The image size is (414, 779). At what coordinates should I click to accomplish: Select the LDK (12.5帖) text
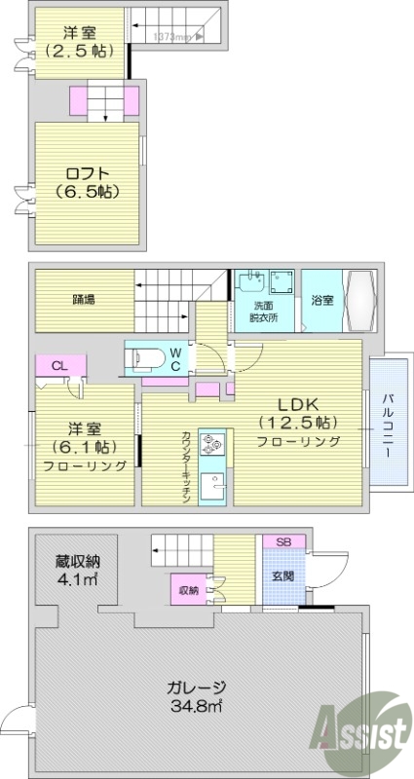(299, 412)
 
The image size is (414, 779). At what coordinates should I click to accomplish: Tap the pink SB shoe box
(283, 541)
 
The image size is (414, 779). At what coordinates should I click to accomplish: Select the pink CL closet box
(59, 366)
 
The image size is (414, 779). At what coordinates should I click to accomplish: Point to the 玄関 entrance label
(282, 573)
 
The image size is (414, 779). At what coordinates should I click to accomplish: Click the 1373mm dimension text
(176, 37)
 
